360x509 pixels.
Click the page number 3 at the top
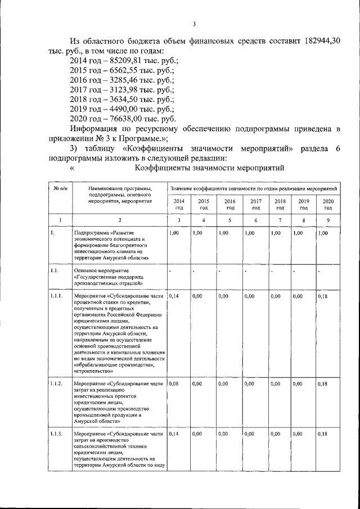point(193,24)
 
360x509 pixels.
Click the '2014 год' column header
point(178,204)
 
